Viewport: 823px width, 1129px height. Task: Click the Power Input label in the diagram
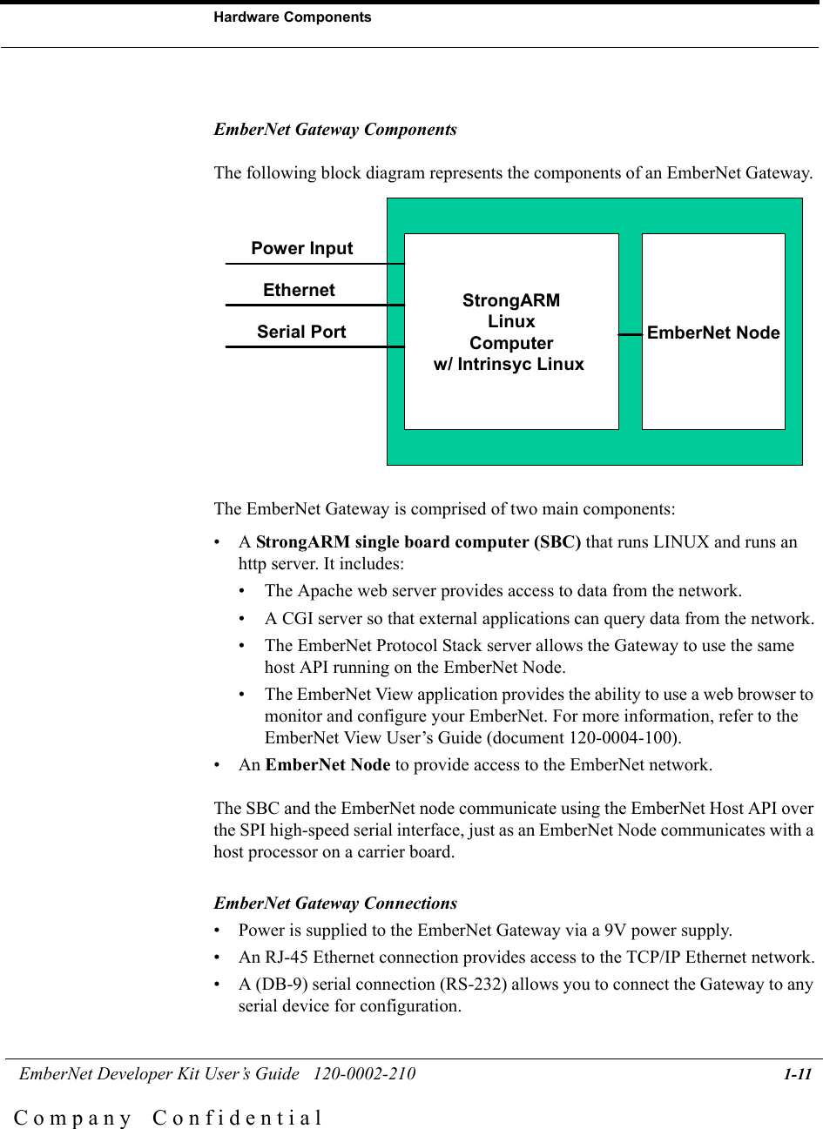(302, 248)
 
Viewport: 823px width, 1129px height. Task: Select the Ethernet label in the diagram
(299, 290)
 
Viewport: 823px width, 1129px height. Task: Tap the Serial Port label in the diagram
(301, 332)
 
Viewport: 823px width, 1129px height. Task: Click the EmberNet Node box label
(713, 333)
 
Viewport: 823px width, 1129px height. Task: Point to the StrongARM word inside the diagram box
(511, 301)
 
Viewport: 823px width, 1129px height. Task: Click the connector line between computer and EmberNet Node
(631, 333)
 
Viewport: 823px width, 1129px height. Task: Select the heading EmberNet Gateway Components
(335, 130)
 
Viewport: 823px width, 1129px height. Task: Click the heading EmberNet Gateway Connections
(335, 903)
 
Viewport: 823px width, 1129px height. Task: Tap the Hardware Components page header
(293, 17)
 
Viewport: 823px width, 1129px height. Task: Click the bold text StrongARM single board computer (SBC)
(419, 542)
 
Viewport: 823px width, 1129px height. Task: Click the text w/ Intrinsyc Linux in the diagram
(509, 364)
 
